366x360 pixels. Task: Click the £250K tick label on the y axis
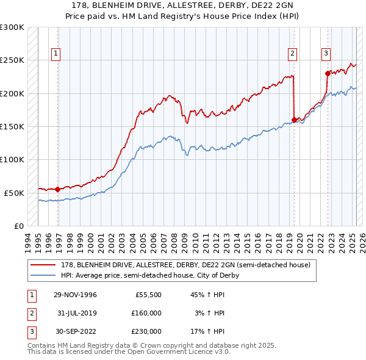click(x=12, y=60)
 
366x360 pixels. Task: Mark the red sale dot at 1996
click(x=58, y=189)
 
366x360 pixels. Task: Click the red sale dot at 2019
click(x=294, y=120)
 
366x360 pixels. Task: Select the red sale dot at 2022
click(x=328, y=73)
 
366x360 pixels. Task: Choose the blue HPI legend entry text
click(x=149, y=275)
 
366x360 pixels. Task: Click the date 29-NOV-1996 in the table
click(x=75, y=295)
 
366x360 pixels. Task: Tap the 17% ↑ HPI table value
click(x=207, y=331)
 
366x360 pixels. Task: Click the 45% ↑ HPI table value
click(x=207, y=295)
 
